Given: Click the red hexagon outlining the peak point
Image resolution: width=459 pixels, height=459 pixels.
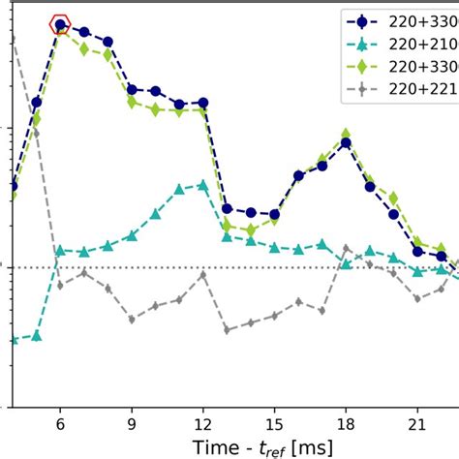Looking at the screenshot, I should click(60, 25).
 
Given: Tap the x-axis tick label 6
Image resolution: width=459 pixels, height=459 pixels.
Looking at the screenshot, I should click(60, 422).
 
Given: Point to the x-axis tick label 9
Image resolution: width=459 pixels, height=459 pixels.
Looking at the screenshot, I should click(132, 422).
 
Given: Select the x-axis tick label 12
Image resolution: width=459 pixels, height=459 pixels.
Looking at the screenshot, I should click(202, 422).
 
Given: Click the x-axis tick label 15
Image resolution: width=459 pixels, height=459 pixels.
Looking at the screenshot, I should click(274, 422).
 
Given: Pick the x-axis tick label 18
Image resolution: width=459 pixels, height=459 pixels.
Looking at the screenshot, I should click(346, 422).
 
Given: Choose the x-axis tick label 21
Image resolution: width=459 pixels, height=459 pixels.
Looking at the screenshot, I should click(416, 422).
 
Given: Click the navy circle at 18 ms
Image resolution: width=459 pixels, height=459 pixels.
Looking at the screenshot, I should click(346, 143).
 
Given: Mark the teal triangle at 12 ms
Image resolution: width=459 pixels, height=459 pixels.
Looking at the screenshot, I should click(202, 184).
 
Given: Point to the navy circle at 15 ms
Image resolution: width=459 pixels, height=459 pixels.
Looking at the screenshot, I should click(274, 214).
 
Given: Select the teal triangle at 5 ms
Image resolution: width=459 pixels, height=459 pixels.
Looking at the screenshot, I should click(37, 336).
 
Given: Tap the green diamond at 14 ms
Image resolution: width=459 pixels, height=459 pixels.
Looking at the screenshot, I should click(250, 230).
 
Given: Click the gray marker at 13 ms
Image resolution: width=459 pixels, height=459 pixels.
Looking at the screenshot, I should click(227, 329).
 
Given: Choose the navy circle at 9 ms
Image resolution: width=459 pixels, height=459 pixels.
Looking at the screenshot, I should click(132, 89).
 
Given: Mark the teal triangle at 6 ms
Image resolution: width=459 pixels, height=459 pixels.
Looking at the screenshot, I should click(60, 250).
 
